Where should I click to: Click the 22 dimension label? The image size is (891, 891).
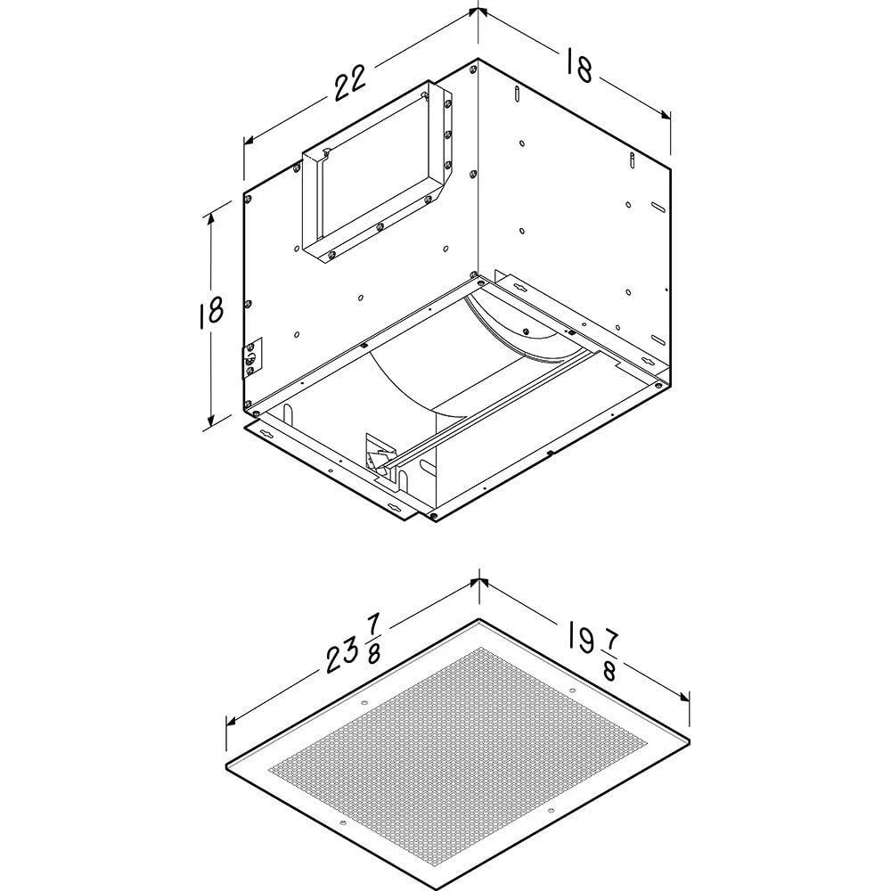(x=349, y=82)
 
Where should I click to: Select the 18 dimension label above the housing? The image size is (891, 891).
(x=579, y=65)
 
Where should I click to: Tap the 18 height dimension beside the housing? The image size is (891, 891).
(x=211, y=311)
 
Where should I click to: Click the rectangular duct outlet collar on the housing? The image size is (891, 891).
(x=378, y=174)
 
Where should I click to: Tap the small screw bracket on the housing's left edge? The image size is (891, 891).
(x=253, y=358)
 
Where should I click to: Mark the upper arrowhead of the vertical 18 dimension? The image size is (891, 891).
(x=211, y=218)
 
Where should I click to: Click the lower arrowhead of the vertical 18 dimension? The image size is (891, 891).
(x=211, y=419)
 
